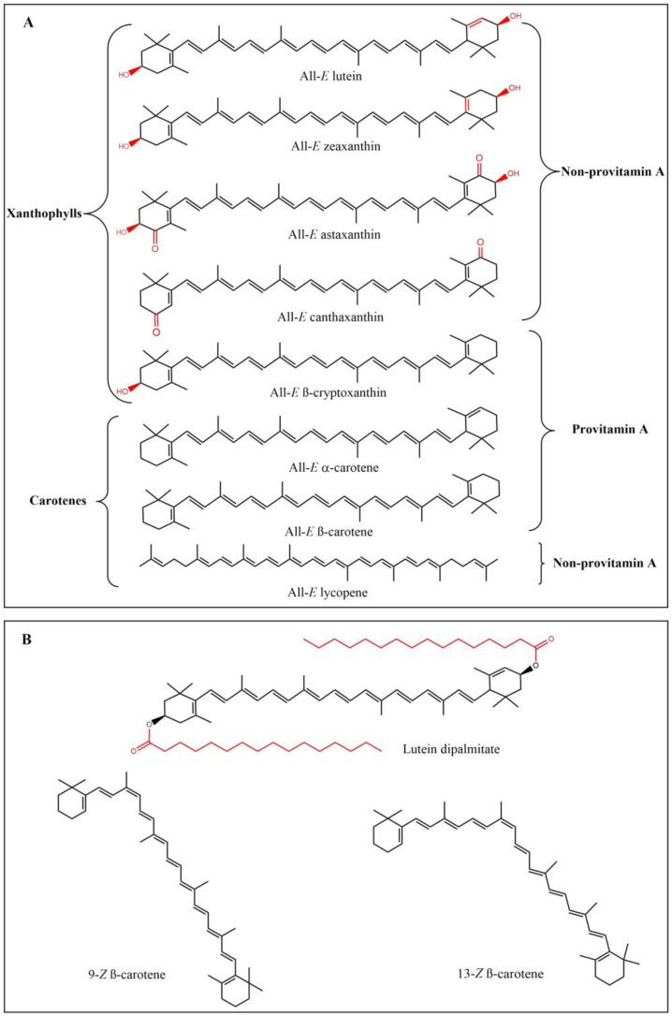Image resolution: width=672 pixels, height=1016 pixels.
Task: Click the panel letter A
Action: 29,21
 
